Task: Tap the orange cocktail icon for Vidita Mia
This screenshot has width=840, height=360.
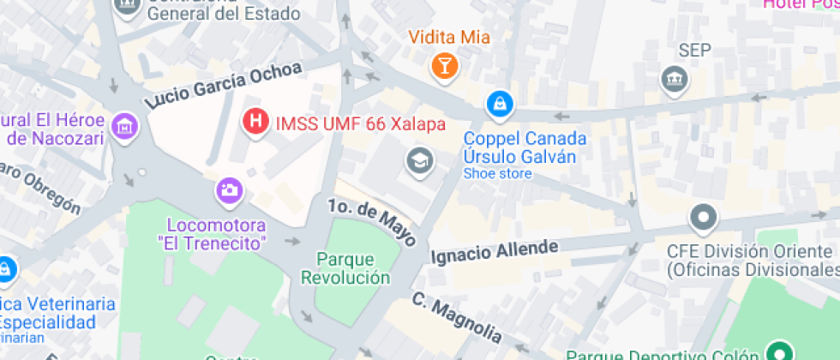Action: (445, 64)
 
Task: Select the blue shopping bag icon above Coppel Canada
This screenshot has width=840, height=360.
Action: (497, 105)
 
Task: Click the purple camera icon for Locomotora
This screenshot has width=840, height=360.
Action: (229, 190)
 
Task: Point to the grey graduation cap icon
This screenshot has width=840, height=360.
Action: (419, 159)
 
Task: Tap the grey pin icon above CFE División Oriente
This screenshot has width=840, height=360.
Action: (704, 219)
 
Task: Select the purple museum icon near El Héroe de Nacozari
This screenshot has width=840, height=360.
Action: (126, 126)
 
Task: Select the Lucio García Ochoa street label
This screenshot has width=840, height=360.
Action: (224, 86)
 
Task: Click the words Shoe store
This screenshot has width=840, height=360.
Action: (497, 173)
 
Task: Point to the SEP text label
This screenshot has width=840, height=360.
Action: (694, 51)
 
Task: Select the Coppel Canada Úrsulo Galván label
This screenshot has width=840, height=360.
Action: (525, 147)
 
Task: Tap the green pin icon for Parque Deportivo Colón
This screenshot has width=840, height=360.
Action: (778, 352)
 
